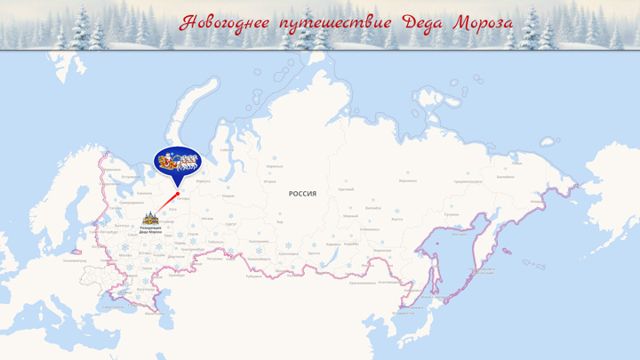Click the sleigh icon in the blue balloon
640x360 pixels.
tap(178, 161)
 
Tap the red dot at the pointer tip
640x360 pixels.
tap(178, 193)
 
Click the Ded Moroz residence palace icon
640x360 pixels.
tap(149, 219)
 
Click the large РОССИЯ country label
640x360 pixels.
tap(302, 193)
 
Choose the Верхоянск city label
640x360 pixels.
tap(408, 180)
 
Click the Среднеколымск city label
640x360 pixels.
tap(468, 181)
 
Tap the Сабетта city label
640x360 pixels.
tap(227, 150)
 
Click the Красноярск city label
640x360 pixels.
tap(288, 252)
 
